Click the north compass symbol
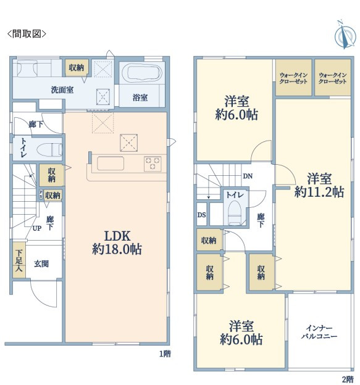point(345,35)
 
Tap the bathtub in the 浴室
point(142,73)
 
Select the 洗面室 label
point(62,90)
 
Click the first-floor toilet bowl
point(49,150)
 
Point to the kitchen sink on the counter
point(111,164)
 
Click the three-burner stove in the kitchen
point(153,164)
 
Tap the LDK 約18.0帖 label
point(117,243)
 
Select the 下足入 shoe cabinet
point(19,260)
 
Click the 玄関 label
point(41,264)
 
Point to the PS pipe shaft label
point(41,194)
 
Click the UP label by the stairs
point(37,228)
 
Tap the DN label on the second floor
point(248,176)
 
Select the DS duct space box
point(202,214)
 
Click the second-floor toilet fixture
point(234,213)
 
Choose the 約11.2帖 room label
point(319,185)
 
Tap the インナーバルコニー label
point(319,332)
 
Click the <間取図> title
point(27,34)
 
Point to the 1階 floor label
point(165,354)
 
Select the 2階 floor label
point(348,379)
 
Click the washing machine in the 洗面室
point(25,68)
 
